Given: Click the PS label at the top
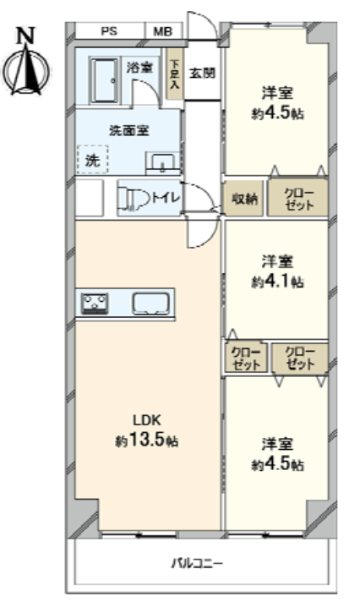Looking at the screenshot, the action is [109, 31].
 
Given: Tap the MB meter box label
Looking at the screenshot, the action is [162, 31].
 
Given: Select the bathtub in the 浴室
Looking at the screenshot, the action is [104, 81].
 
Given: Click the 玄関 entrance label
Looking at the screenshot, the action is [202, 73].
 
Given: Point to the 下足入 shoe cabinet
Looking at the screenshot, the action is [174, 74].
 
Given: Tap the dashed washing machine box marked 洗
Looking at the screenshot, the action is [92, 159].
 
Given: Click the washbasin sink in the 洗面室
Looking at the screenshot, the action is [162, 163].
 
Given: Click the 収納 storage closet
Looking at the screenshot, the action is [243, 198].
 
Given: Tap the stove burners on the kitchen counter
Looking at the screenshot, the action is [95, 304].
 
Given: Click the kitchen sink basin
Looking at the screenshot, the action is [151, 304].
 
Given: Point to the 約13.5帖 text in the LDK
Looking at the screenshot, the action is [147, 441].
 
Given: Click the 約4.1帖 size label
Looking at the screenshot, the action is [277, 282].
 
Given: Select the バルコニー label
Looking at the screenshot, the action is [197, 563].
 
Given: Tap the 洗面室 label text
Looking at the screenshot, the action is [129, 130].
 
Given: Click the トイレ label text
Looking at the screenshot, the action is [166, 197].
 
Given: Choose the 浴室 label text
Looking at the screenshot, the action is [139, 68].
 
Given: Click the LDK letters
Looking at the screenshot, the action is [147, 420].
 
